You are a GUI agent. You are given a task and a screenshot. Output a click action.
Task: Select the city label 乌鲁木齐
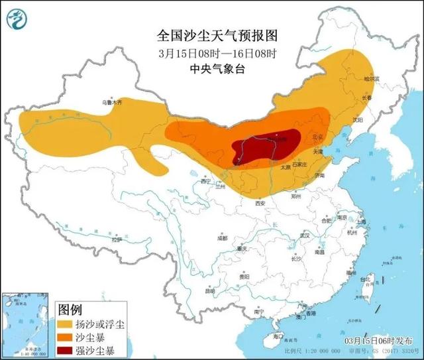click(x=112, y=103)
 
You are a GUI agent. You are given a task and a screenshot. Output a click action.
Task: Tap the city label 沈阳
click(x=358, y=120)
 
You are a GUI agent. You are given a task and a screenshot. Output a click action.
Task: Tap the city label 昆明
click(x=210, y=290)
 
